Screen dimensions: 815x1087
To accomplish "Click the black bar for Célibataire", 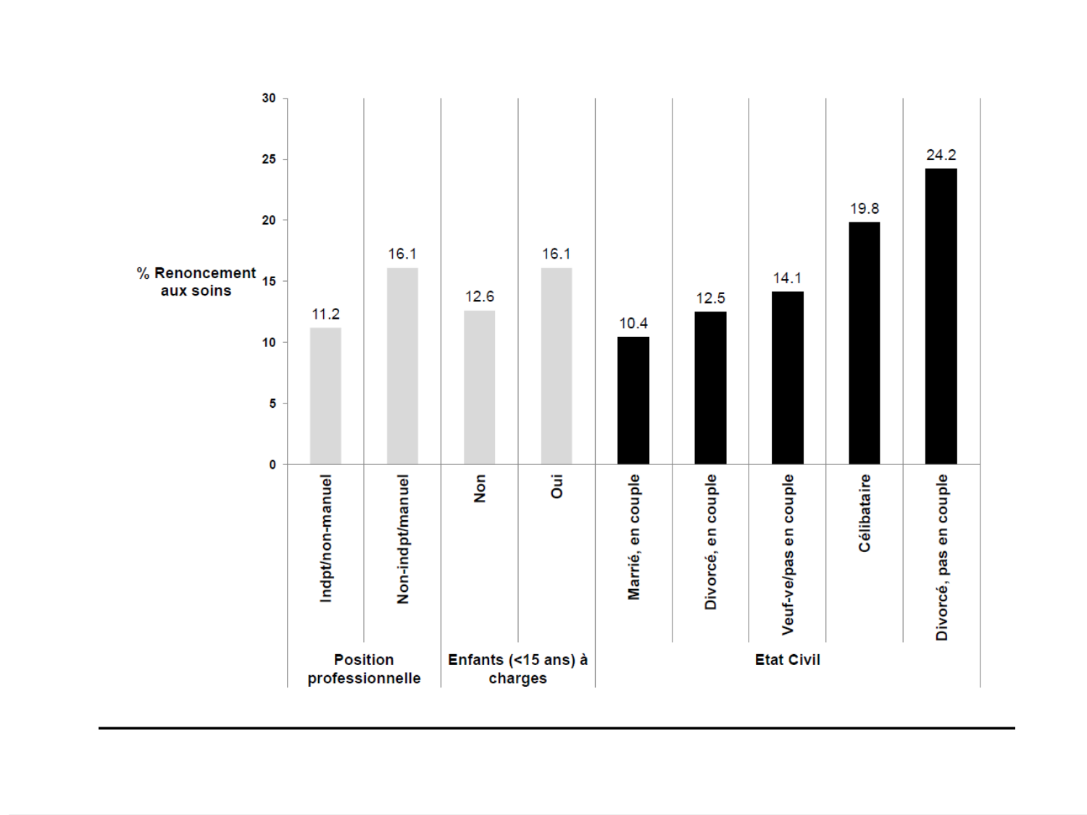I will [x=864, y=343].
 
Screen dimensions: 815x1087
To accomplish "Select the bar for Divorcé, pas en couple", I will [x=941, y=316].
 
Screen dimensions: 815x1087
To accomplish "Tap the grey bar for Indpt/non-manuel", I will [x=325, y=396].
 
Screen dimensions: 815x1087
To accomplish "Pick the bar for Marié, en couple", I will [x=633, y=400].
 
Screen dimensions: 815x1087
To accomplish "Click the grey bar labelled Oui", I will [x=556, y=366].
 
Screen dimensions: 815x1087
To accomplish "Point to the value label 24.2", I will [x=941, y=155].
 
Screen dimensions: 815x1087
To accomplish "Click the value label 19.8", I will [x=864, y=209].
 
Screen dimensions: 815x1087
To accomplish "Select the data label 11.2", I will [x=325, y=314].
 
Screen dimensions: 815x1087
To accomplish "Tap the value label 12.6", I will [x=480, y=296].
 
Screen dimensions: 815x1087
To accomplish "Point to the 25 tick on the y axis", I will [x=269, y=159].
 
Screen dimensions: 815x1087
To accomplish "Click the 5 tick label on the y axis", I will [x=272, y=404].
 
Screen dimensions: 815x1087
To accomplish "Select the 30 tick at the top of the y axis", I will [x=269, y=98].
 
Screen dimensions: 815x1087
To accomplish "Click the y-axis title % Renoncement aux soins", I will [x=196, y=282].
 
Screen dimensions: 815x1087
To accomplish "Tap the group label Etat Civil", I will [x=787, y=660].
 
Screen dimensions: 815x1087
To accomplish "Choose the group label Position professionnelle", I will [x=364, y=669].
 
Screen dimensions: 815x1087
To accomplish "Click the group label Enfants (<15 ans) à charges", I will [x=517, y=669].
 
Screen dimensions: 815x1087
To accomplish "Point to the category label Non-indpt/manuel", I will [x=403, y=539].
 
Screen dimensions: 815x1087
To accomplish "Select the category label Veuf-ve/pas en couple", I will [x=788, y=555].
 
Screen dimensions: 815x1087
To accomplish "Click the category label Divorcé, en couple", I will [x=710, y=542].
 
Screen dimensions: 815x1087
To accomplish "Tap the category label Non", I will [x=480, y=488].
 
